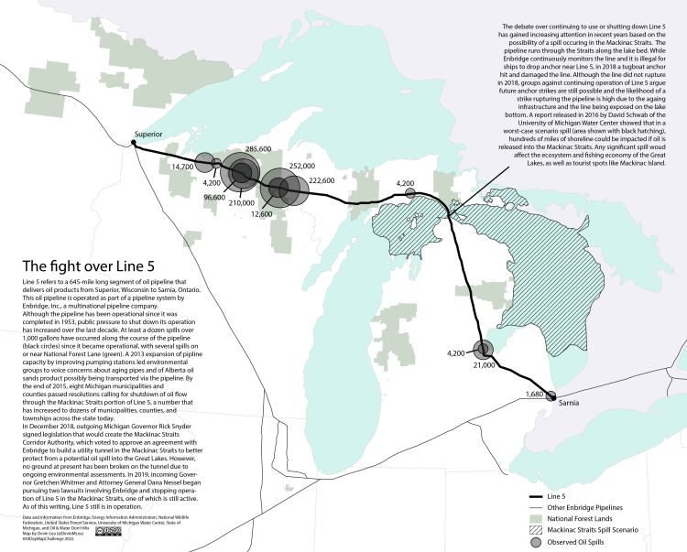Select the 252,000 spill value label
pyautogui.click(x=301, y=167)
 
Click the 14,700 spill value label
pyautogui.click(x=182, y=168)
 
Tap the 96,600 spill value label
pyautogui.click(x=214, y=197)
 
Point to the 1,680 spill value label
pyautogui.click(x=534, y=395)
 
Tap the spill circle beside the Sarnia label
pyautogui.click(x=551, y=397)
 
